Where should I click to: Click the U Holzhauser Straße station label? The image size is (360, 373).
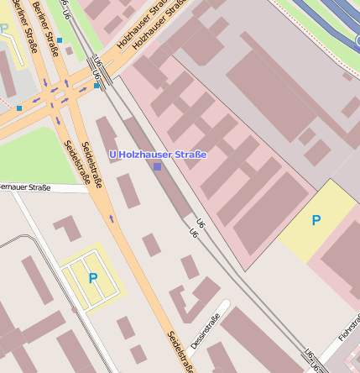coord(158,155)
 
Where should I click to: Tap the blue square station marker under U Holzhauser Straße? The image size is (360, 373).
coord(157,166)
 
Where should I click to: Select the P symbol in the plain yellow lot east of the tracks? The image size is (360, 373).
coord(316,220)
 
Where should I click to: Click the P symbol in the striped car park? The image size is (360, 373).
coord(92,277)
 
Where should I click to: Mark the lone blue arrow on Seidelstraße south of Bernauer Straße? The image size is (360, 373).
coord(112,218)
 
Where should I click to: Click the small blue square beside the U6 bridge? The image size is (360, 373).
coord(97,85)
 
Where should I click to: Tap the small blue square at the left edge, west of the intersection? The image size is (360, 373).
coord(18,108)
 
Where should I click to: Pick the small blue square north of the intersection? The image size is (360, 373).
coord(60,39)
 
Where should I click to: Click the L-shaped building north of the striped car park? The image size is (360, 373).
coord(67,228)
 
